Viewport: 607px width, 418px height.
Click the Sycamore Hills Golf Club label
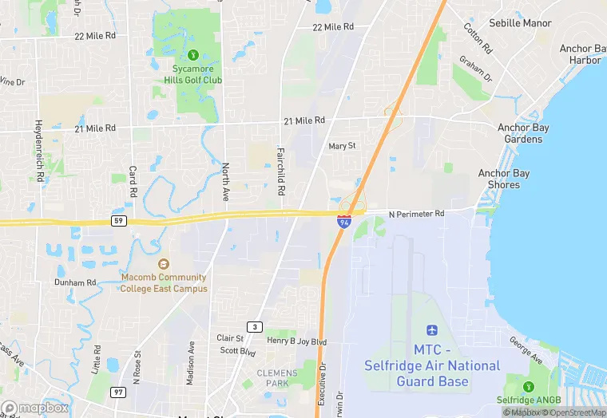click(192, 74)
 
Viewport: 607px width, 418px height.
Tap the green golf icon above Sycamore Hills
click(192, 55)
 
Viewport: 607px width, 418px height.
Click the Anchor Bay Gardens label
click(520, 133)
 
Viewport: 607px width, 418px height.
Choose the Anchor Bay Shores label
click(504, 179)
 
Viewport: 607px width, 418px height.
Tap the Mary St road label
click(341, 146)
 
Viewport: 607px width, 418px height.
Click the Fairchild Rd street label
click(280, 172)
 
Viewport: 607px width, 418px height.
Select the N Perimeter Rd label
click(416, 214)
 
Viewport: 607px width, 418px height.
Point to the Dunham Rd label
click(75, 282)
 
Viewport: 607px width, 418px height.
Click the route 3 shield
click(255, 327)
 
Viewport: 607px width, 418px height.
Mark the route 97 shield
click(119, 392)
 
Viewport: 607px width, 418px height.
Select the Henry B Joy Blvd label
click(297, 341)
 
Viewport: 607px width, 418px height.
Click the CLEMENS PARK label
click(277, 377)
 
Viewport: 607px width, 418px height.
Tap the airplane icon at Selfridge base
click(432, 330)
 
